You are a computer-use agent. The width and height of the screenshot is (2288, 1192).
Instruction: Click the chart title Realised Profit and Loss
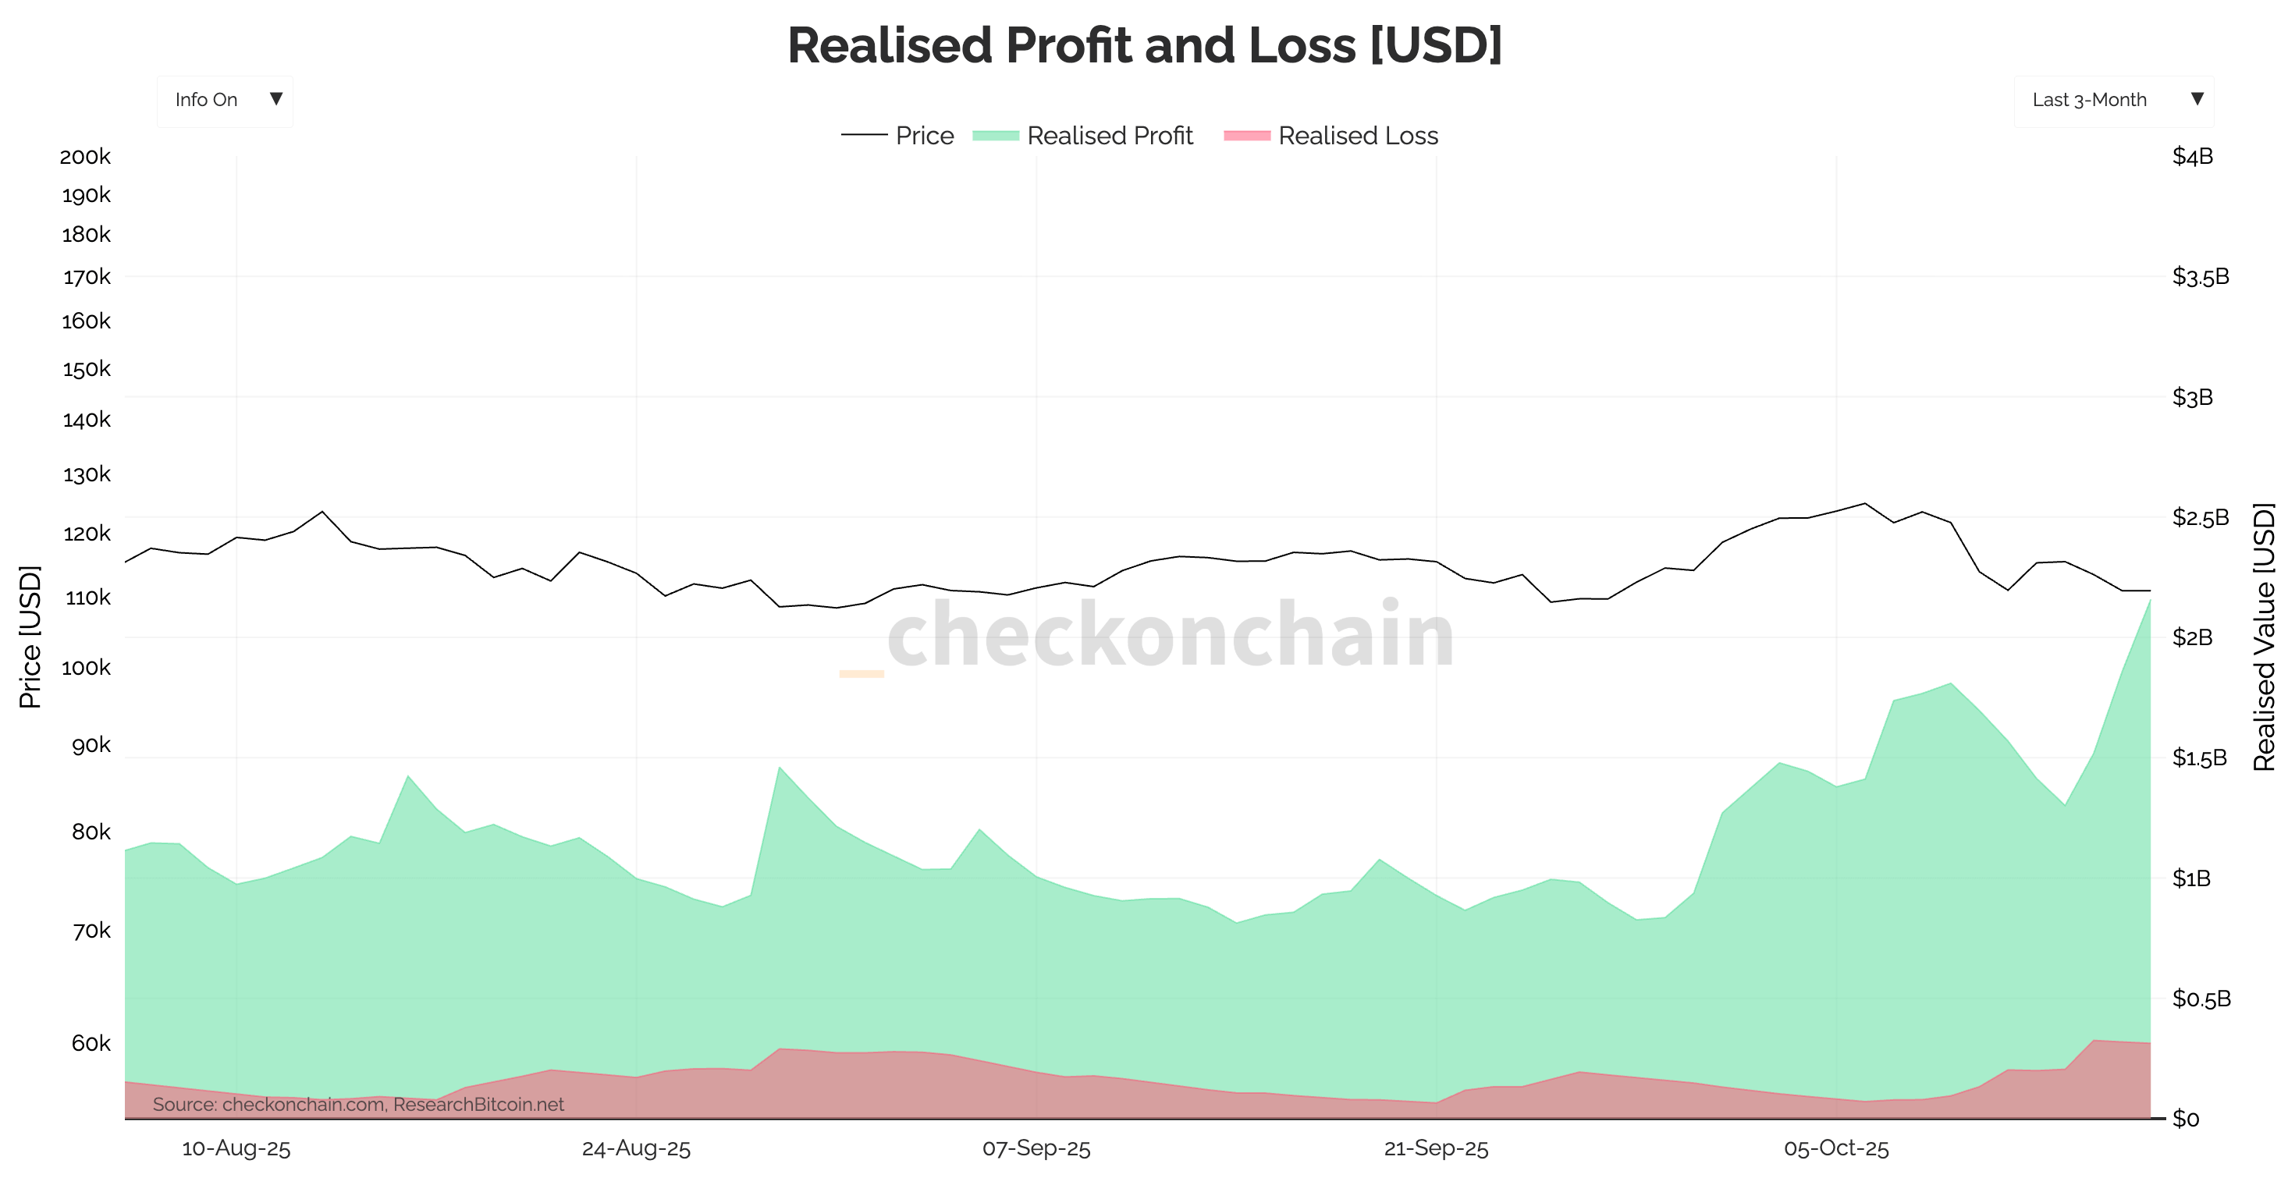pos(1144,45)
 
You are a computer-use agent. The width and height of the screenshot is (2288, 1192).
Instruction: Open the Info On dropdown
pos(225,101)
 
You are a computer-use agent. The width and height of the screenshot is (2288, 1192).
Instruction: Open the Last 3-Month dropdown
pos(2113,101)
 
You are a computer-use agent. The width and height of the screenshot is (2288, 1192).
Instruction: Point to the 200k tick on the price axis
pos(85,158)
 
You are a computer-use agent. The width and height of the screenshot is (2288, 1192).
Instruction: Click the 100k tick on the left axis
pos(85,668)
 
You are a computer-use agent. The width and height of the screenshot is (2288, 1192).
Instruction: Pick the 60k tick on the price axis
pos(91,1044)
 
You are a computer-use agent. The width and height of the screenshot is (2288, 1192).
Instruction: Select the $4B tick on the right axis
pos(2192,158)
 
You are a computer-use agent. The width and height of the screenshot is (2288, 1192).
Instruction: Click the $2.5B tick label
pos(2200,518)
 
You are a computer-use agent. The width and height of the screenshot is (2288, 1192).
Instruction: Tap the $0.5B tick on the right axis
pos(2201,999)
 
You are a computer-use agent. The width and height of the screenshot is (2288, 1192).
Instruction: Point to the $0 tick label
pos(2186,1119)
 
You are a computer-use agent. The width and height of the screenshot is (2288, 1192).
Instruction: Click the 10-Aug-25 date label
pos(236,1149)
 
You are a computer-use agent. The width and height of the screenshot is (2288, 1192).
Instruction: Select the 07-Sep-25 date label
pos(1036,1149)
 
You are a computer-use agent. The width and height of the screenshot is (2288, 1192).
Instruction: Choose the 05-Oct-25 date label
pos(1836,1149)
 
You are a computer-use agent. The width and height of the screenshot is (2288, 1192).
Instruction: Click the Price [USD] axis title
pos(30,637)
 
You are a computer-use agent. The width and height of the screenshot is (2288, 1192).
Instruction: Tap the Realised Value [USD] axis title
pos(2264,637)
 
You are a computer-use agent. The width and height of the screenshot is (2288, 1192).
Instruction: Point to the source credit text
pos(358,1105)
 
